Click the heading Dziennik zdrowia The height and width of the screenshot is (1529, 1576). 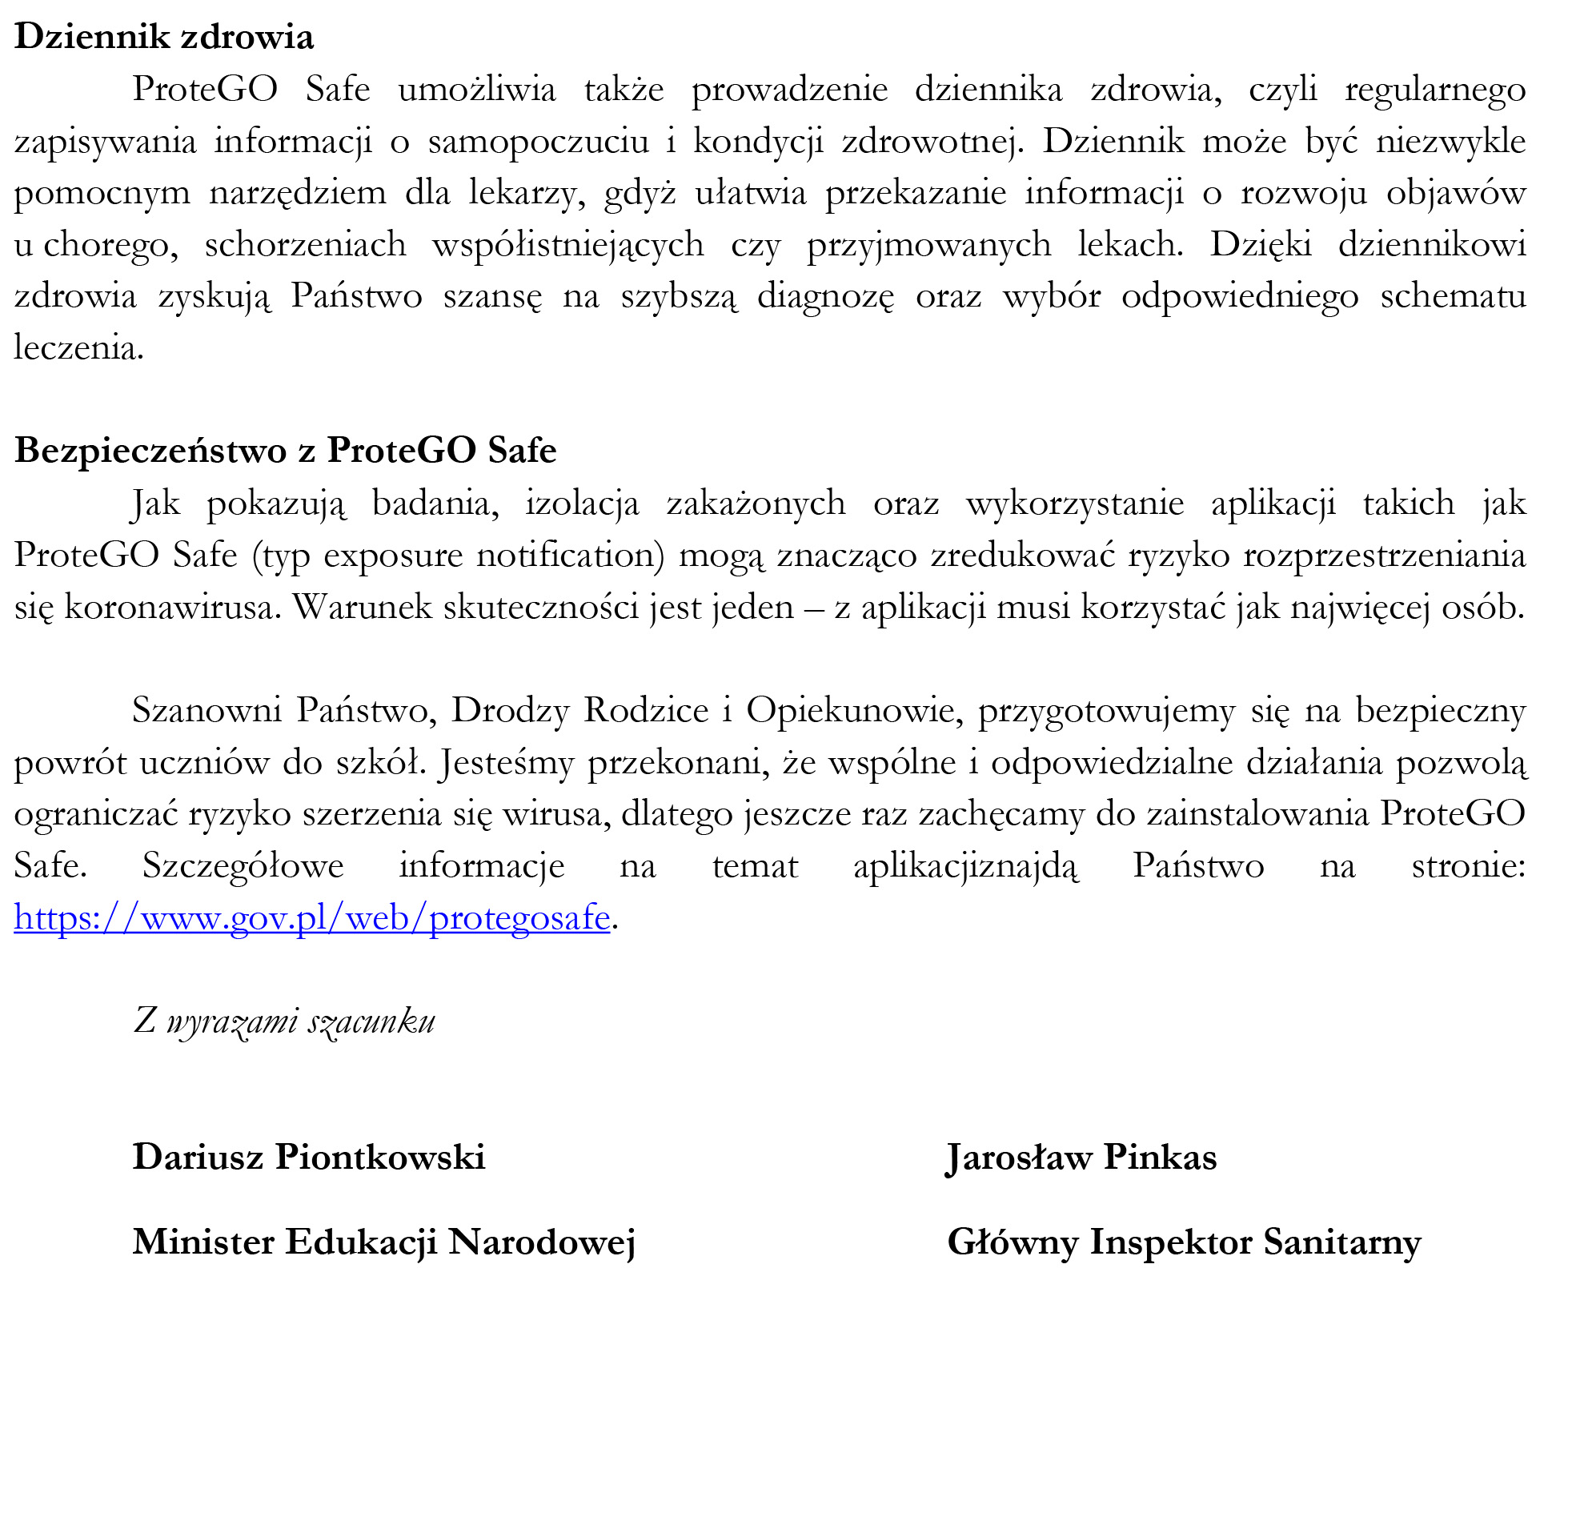click(x=164, y=37)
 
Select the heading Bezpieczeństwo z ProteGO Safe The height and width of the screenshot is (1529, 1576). click(x=286, y=450)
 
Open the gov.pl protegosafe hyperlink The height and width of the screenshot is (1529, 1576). click(x=312, y=917)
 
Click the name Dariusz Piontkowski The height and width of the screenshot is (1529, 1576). click(x=309, y=1157)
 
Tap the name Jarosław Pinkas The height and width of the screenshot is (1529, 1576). click(x=1081, y=1157)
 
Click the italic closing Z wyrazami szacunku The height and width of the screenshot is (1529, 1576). click(x=284, y=1021)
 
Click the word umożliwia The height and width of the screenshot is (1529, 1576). click(x=477, y=90)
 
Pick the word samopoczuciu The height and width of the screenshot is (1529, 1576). click(x=538, y=141)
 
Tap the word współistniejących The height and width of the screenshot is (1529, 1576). click(x=567, y=244)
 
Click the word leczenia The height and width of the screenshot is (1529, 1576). click(x=78, y=347)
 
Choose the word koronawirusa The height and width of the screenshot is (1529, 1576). click(x=173, y=608)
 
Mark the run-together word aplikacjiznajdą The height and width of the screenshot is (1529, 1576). click(x=966, y=866)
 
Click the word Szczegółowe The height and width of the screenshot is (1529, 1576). click(x=243, y=866)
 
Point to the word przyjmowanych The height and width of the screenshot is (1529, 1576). click(x=928, y=244)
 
